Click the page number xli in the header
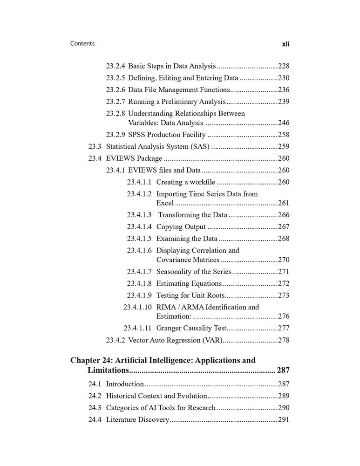coord(285,44)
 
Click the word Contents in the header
coord(82,43)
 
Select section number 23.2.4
coord(115,66)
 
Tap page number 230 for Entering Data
coord(283,78)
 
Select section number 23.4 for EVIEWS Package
coord(95,158)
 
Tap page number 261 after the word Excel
coord(283,203)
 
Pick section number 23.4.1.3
coord(139,215)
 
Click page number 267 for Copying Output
coord(283,226)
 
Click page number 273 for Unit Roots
coord(283,295)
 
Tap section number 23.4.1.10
coord(137,307)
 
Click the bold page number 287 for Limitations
coord(283,370)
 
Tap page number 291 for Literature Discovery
coord(283,419)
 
